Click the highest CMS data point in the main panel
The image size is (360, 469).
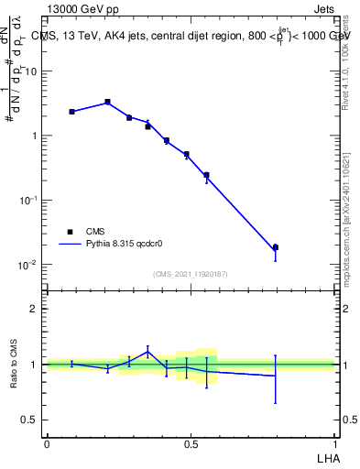click(107, 102)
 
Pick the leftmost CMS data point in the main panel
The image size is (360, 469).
click(71, 112)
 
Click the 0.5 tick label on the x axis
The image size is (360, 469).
click(191, 442)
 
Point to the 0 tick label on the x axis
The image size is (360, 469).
click(47, 442)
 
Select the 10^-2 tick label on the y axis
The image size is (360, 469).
click(27, 265)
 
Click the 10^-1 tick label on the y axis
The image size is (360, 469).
click(27, 201)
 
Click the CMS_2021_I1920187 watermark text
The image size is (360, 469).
click(191, 273)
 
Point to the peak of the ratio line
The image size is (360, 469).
click(148, 351)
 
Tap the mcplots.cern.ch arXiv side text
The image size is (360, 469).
click(347, 229)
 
